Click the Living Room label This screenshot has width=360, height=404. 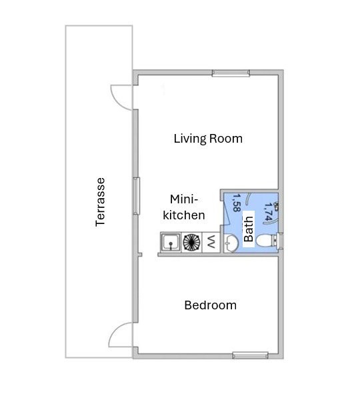click(208, 139)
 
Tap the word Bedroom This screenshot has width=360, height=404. click(210, 305)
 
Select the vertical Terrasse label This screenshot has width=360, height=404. click(100, 202)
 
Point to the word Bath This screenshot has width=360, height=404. click(249, 229)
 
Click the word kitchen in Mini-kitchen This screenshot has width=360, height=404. click(184, 215)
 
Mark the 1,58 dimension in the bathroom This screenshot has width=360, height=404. click(237, 203)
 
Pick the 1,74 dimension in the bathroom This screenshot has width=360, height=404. click(268, 212)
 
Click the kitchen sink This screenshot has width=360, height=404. click(171, 242)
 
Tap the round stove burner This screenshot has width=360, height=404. click(191, 242)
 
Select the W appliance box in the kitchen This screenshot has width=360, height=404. click(211, 242)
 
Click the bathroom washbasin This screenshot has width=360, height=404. click(231, 243)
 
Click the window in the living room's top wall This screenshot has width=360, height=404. click(231, 73)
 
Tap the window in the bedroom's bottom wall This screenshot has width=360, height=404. click(250, 355)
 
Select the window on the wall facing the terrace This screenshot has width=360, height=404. click(136, 196)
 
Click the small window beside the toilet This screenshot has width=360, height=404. click(281, 241)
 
